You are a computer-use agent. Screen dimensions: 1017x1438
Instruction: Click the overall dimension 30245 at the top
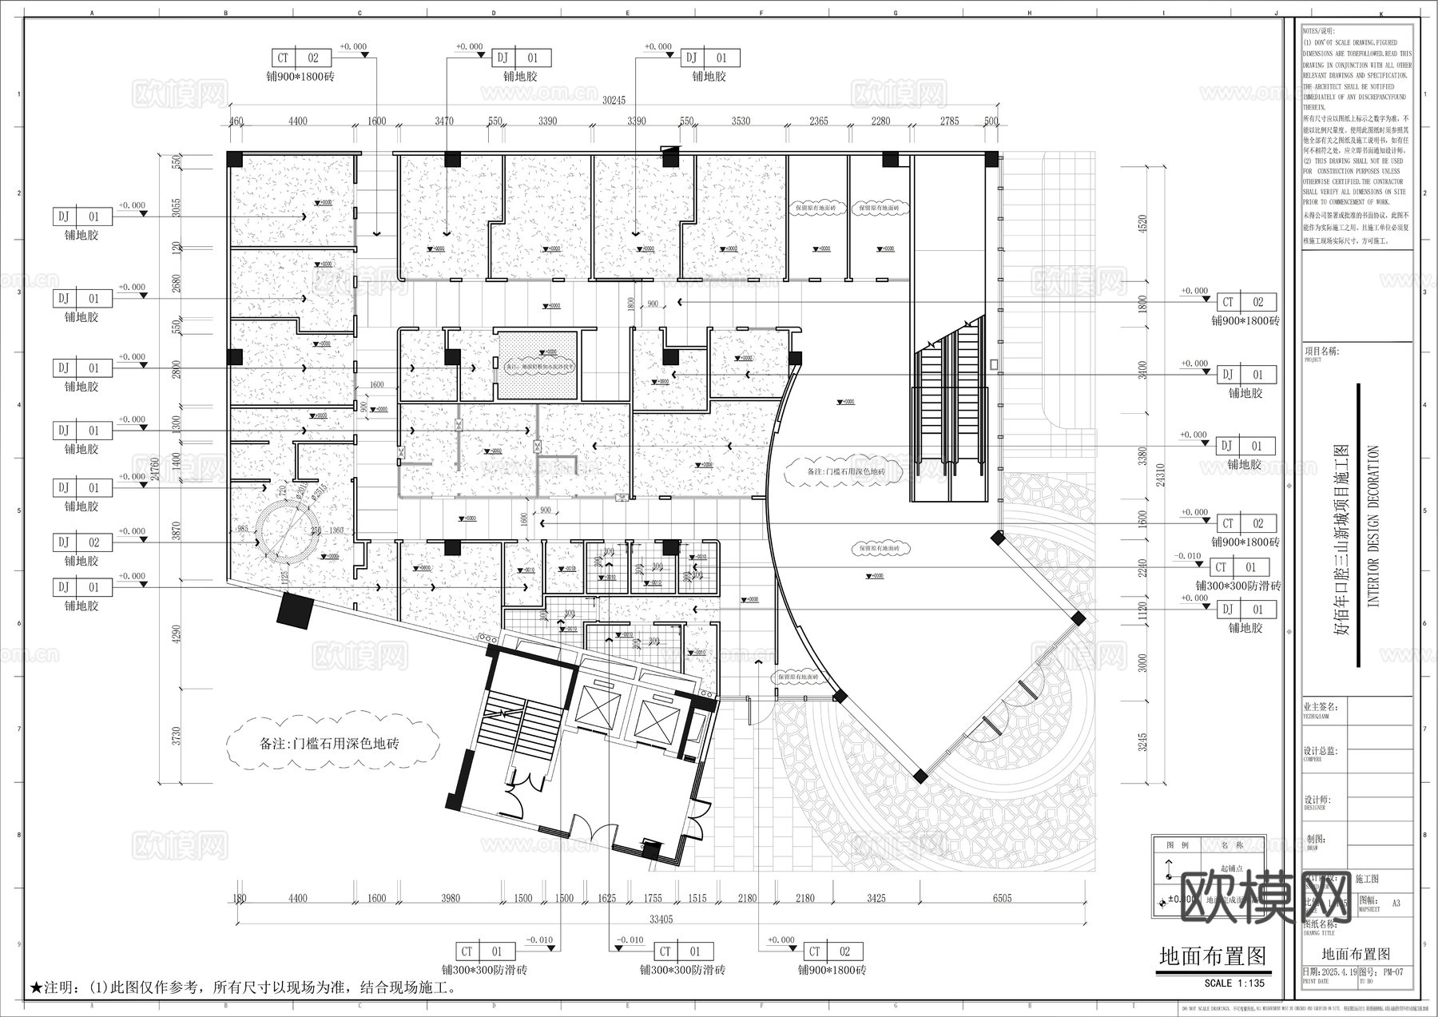(x=614, y=101)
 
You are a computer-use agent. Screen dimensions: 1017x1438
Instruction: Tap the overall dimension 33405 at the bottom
(x=661, y=919)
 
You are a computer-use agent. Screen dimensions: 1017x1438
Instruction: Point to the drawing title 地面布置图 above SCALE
(x=1213, y=956)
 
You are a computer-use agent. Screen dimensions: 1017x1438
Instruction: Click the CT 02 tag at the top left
(x=298, y=58)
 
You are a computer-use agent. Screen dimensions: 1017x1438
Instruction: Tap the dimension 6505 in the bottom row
(x=1002, y=898)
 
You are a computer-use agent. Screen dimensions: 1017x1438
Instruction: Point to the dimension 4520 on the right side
(x=1142, y=224)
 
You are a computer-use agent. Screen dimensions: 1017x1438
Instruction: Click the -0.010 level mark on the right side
(x=1187, y=556)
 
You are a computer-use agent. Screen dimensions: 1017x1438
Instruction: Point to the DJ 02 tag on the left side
(x=82, y=542)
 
